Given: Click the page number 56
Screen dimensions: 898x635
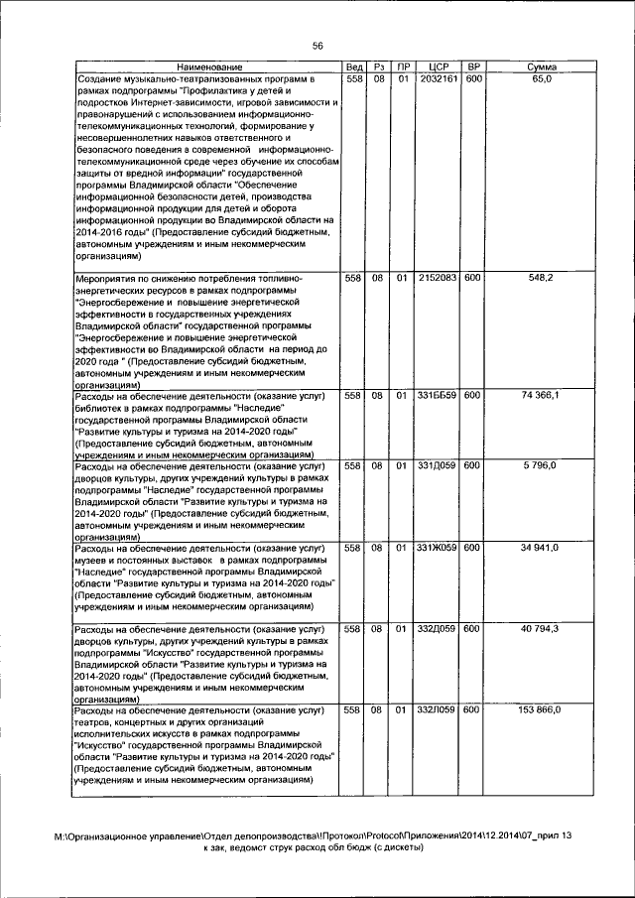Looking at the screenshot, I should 317,46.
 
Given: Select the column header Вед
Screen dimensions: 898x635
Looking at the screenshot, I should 354,66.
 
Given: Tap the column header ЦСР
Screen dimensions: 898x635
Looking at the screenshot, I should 438,66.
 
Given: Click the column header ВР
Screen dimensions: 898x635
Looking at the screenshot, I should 473,66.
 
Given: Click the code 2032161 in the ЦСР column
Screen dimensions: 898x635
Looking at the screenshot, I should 438,78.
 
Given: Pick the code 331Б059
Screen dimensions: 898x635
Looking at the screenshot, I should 438,396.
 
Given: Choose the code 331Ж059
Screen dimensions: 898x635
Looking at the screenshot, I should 438,548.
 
